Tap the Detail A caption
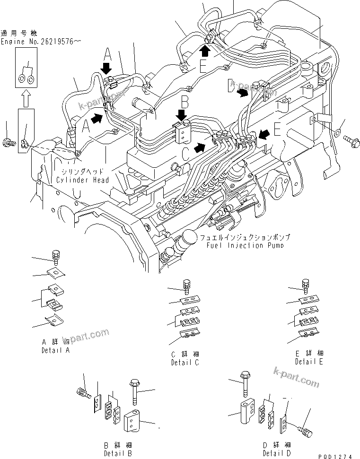point(56,350)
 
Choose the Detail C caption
point(184,362)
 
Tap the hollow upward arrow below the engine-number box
point(26,98)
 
